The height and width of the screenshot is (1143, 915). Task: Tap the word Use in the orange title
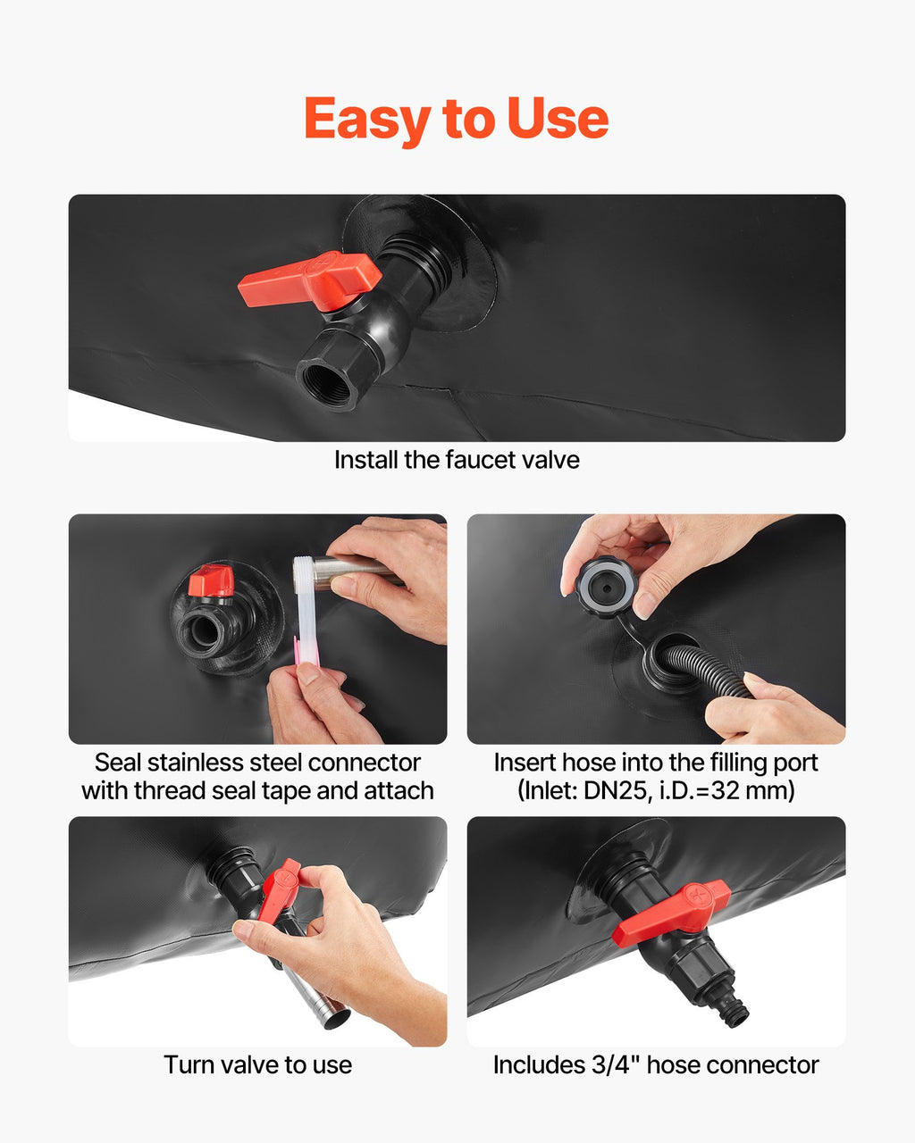[x=558, y=119]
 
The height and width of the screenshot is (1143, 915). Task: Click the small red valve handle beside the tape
[x=211, y=581]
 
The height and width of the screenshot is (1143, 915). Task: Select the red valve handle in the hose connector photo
[x=671, y=913]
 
